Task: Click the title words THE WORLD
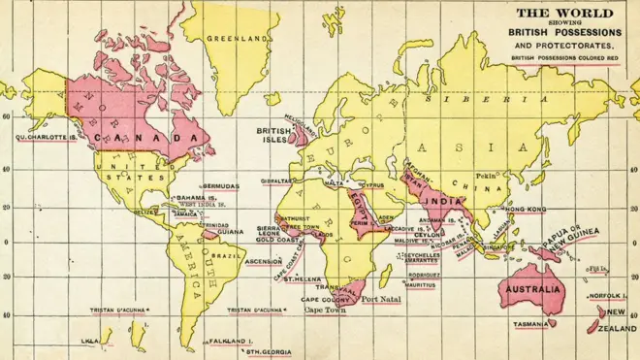[563, 13]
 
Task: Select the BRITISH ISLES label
[273, 134]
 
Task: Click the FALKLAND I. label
[231, 342]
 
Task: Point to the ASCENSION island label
[263, 261]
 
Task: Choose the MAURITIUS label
[420, 286]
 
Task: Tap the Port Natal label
[381, 299]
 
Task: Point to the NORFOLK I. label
[606, 297]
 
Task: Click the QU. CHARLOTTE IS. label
[45, 137]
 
